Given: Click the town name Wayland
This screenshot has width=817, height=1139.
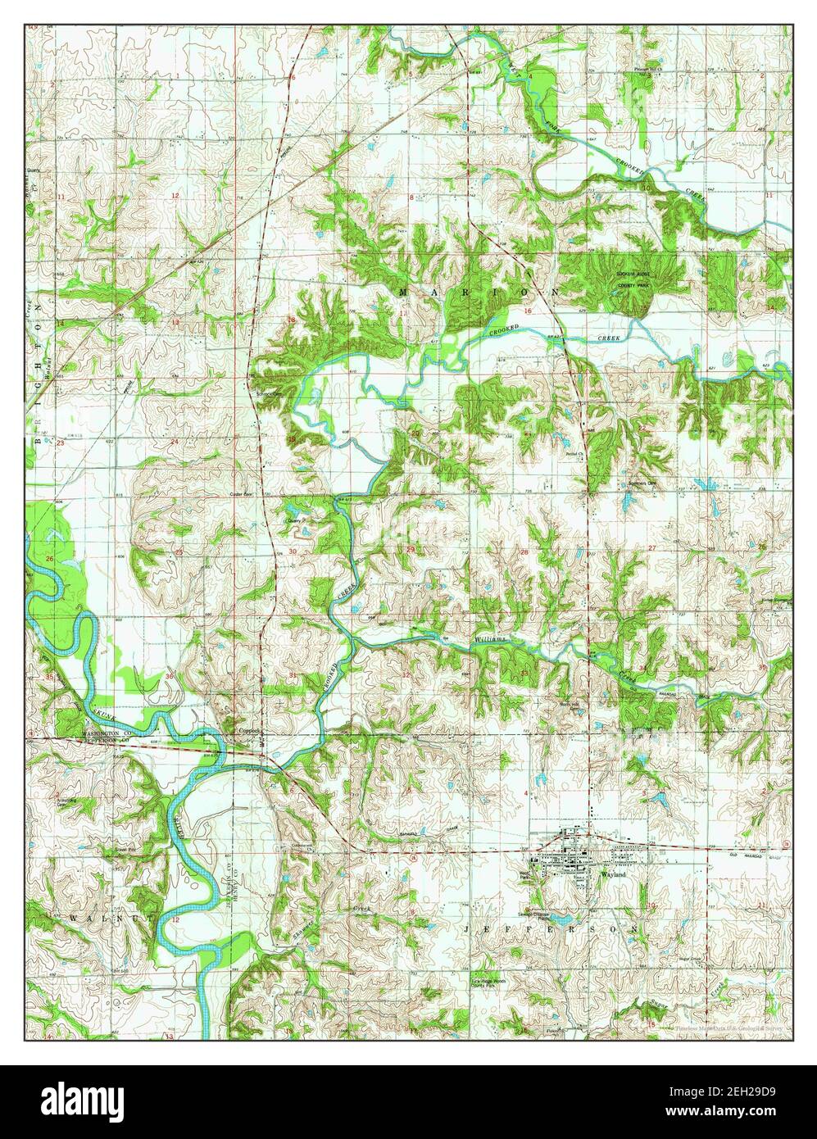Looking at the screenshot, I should coord(613,875).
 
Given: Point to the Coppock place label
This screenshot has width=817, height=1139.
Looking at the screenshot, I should coord(248,729).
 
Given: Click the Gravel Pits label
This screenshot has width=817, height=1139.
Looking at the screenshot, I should coord(123,850).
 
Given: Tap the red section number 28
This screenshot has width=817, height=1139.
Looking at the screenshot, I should coord(524,552).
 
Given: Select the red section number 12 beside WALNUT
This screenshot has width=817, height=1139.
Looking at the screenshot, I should coord(175,919).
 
